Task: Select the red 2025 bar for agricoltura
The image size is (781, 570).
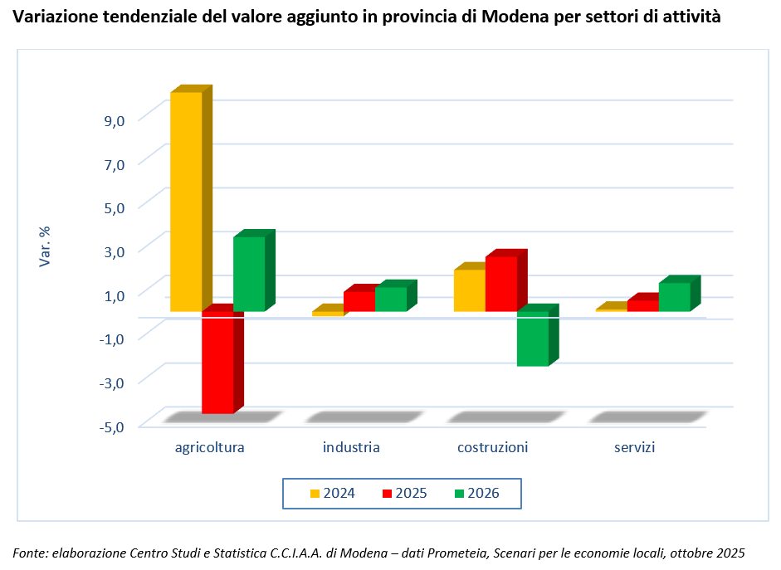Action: click(x=217, y=362)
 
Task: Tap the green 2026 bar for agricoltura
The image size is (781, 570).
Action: click(x=248, y=274)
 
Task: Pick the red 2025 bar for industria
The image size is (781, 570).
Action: click(x=359, y=301)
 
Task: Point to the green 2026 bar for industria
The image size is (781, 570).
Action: click(x=390, y=299)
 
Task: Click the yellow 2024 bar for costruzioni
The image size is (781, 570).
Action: click(x=469, y=290)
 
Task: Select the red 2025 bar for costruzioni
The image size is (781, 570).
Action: click(x=500, y=284)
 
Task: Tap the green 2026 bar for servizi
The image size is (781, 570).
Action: click(x=674, y=297)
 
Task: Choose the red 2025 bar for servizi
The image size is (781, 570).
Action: click(x=642, y=305)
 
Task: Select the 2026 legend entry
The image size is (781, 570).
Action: click(x=476, y=493)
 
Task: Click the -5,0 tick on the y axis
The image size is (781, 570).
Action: click(x=113, y=426)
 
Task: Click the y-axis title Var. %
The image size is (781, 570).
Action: click(x=46, y=246)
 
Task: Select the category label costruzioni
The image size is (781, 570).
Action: click(x=492, y=448)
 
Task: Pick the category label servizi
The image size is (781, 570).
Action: click(x=635, y=448)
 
